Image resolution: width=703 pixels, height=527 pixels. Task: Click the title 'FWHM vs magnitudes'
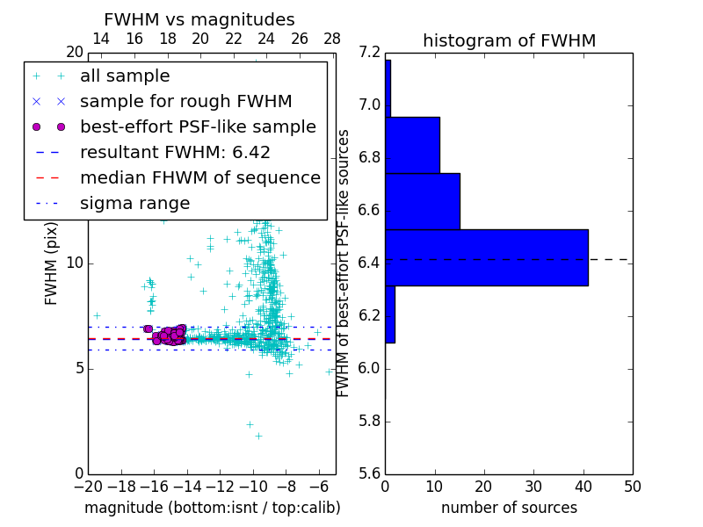(199, 20)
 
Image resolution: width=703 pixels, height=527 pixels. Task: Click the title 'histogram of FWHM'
(509, 40)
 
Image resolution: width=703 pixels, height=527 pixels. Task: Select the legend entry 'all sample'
(125, 76)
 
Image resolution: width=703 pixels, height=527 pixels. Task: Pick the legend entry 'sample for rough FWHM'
(185, 102)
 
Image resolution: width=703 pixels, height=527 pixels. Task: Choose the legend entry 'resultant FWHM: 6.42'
(175, 153)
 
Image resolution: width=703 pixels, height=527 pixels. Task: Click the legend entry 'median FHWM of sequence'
(199, 178)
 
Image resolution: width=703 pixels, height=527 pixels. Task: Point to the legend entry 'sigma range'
(134, 204)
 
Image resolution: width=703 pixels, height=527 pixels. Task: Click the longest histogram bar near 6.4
(486, 257)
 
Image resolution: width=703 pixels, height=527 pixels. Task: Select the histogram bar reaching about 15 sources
(422, 201)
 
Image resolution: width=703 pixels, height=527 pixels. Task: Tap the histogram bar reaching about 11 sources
(412, 145)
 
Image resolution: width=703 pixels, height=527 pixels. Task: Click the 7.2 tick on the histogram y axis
(369, 53)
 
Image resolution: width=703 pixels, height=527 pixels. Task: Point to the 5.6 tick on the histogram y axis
(369, 473)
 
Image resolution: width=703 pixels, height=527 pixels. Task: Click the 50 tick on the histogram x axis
(632, 486)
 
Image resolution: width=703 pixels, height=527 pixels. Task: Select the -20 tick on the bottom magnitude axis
(88, 486)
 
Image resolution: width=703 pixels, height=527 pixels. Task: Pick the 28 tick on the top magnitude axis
(332, 39)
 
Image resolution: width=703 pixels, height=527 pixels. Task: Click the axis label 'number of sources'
(509, 508)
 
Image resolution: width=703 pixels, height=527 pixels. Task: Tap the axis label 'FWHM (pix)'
(52, 263)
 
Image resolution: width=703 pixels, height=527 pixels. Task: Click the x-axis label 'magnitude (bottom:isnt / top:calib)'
(212, 508)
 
